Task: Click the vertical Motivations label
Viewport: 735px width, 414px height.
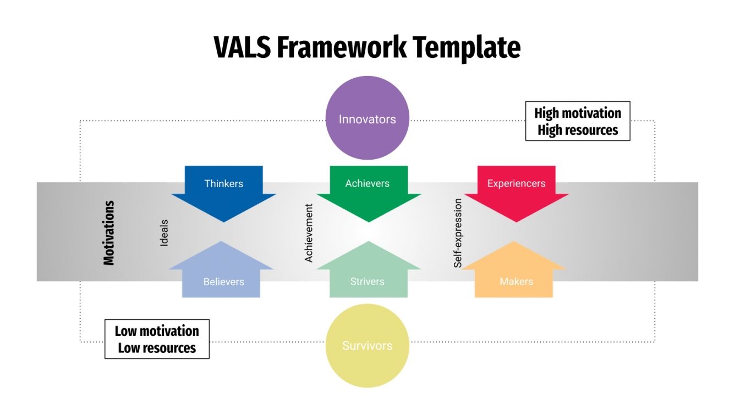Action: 109,233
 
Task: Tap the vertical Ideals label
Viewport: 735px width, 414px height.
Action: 164,233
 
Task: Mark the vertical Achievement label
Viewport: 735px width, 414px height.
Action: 309,233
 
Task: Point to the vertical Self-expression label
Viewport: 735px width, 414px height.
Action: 458,233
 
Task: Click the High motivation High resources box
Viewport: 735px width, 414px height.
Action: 578,121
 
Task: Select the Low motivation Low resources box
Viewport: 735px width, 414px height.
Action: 157,339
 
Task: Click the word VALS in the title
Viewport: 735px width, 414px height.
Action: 242,47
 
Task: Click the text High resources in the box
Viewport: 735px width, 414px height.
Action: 578,130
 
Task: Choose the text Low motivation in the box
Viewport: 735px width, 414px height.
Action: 157,331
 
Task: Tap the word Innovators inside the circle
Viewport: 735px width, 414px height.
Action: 367,119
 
